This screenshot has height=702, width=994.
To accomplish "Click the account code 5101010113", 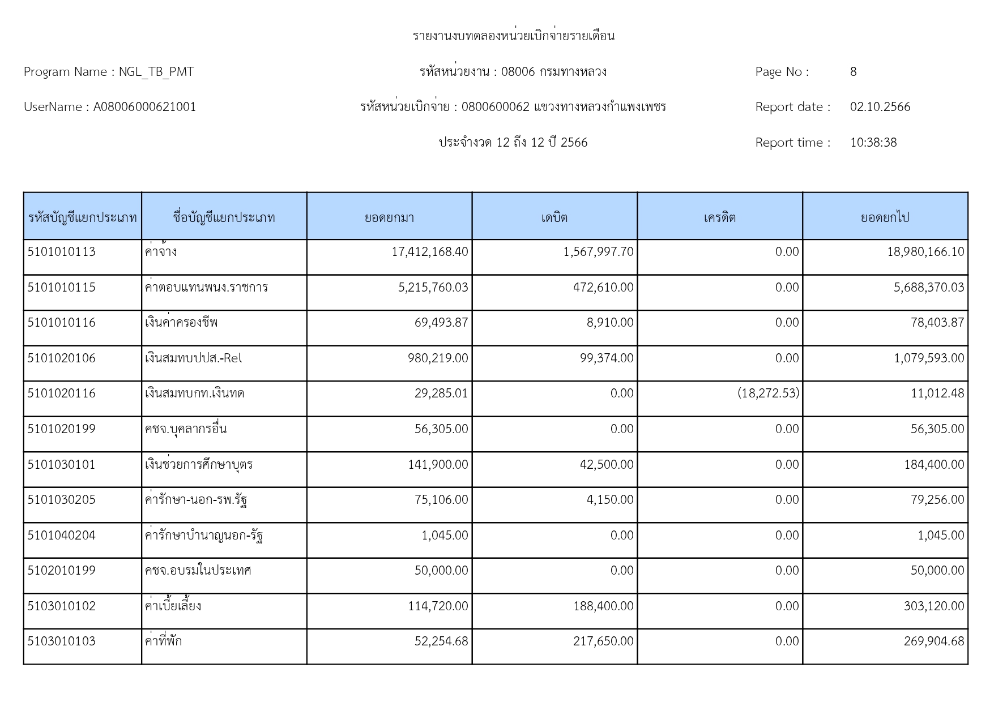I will pyautogui.click(x=62, y=252).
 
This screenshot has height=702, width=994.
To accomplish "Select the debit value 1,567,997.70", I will pyautogui.click(x=598, y=252).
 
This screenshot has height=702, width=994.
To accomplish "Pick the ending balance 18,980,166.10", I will pyautogui.click(x=925, y=252).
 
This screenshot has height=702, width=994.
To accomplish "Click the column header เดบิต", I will pyautogui.click(x=554, y=217).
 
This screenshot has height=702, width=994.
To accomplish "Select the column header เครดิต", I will pyautogui.click(x=720, y=217).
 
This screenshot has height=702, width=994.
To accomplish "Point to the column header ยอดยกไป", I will pyautogui.click(x=885, y=217).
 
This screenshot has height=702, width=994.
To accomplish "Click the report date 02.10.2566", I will pyautogui.click(x=880, y=107).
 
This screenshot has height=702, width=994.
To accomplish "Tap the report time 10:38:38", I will pyautogui.click(x=873, y=143).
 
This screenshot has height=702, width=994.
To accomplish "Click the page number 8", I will pyautogui.click(x=853, y=72).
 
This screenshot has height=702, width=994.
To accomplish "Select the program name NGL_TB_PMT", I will pyautogui.click(x=156, y=72).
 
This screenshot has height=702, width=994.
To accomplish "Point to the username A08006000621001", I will pyautogui.click(x=144, y=107).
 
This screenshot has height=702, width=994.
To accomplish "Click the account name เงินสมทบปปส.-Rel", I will pyautogui.click(x=193, y=358).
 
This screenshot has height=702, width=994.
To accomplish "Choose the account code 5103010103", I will pyautogui.click(x=62, y=641).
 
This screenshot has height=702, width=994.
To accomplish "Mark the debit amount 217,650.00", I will pyautogui.click(x=603, y=641).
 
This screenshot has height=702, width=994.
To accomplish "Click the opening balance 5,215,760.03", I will pyautogui.click(x=433, y=288).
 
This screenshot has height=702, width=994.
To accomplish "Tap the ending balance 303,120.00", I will pyautogui.click(x=934, y=606).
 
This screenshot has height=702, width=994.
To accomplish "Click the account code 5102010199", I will pyautogui.click(x=62, y=571).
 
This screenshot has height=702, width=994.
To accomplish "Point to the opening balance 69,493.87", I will pyautogui.click(x=441, y=323).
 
